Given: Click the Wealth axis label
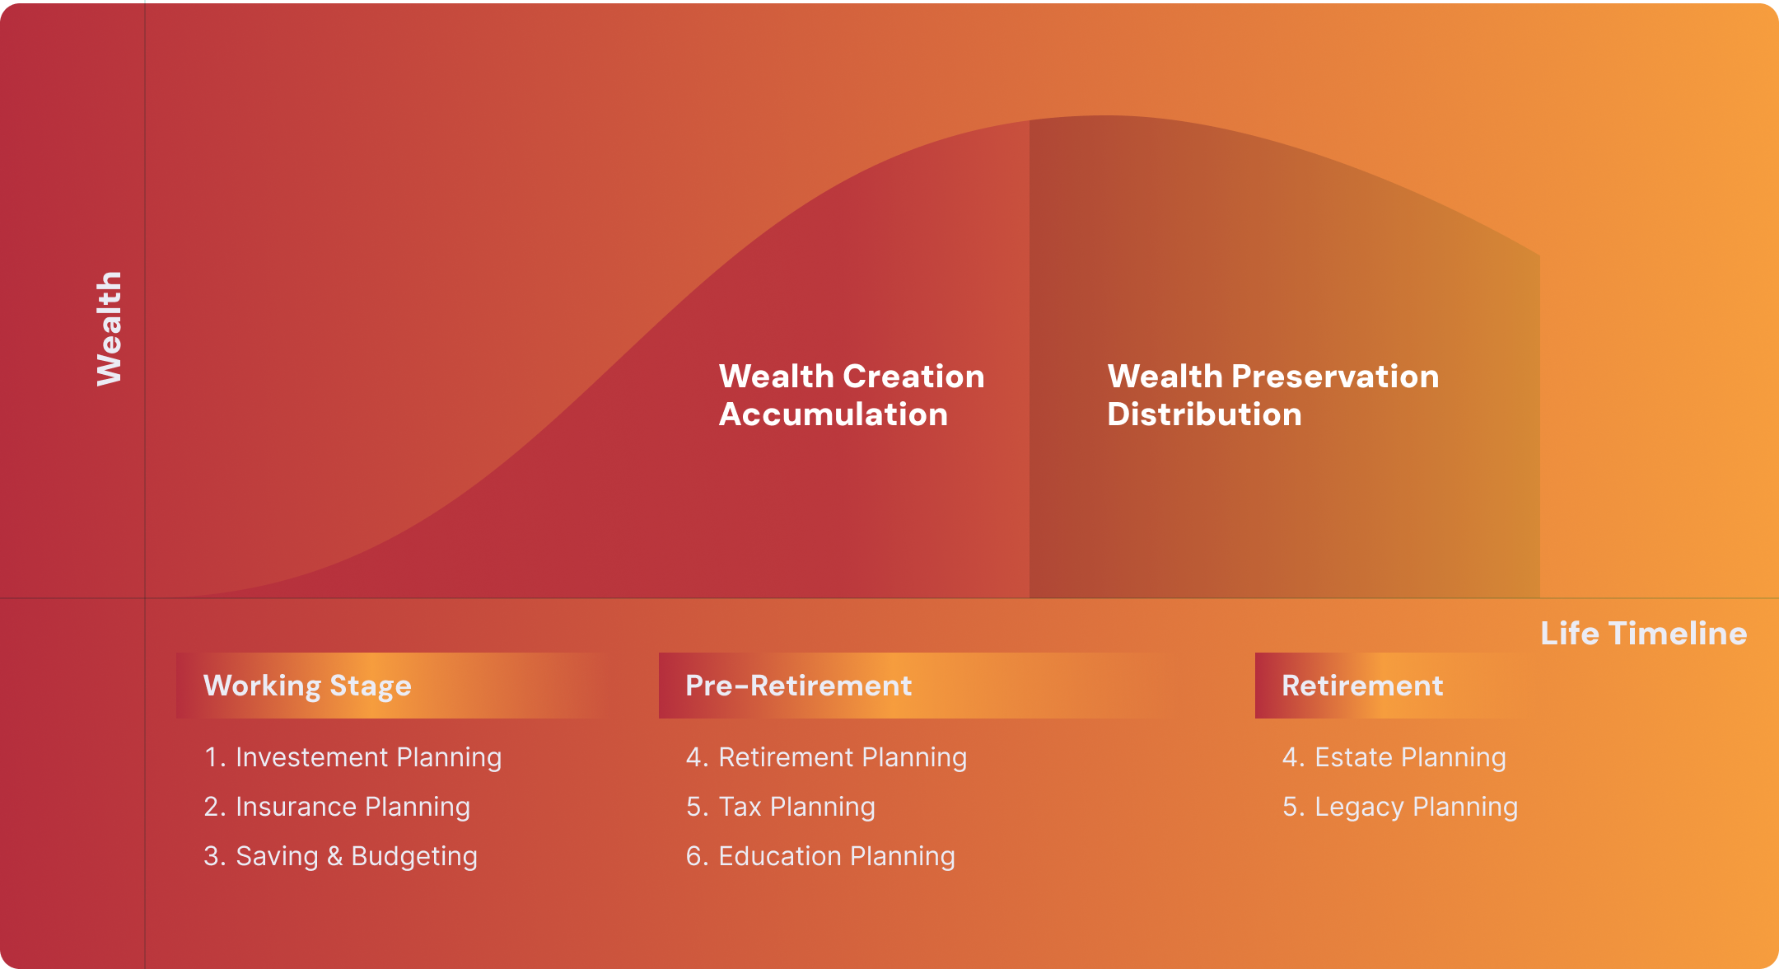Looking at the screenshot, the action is (109, 328).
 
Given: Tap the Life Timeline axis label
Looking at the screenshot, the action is (1644, 633).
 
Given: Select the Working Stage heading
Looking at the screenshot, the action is (307, 686).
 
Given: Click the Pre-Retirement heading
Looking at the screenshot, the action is (799, 686).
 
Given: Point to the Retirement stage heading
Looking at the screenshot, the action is (1363, 686).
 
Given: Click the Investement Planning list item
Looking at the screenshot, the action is (353, 757).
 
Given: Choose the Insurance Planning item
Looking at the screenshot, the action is (337, 807).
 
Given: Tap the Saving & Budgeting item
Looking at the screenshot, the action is (340, 856).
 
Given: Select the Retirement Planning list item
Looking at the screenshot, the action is (826, 757).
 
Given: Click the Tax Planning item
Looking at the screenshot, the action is (781, 807).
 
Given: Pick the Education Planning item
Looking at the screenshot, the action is (820, 856).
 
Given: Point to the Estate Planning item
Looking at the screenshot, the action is (1394, 757).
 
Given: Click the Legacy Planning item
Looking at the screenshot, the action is (1400, 807).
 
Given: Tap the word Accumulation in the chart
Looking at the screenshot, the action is (833, 414).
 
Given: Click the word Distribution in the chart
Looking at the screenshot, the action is (1204, 414).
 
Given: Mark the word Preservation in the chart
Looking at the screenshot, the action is (1335, 377).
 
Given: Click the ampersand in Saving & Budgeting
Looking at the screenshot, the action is (334, 856).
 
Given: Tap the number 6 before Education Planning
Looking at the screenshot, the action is (694, 856).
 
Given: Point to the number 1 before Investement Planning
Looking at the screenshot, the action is (211, 757).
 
